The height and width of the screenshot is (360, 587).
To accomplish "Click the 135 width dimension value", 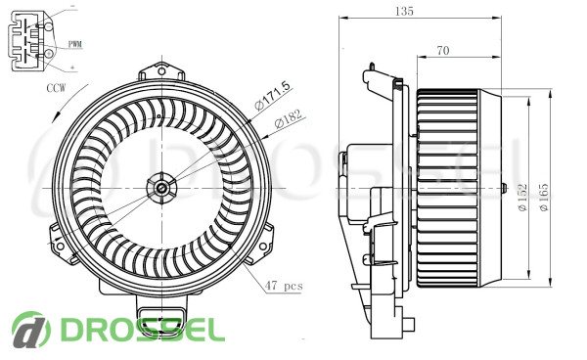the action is click(404, 11).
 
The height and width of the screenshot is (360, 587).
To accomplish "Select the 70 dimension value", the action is click(443, 50).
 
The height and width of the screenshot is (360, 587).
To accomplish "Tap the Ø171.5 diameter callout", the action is click(272, 96).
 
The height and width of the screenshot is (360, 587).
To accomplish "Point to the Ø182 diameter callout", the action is click(288, 118).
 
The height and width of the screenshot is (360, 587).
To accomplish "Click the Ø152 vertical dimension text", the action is click(523, 198).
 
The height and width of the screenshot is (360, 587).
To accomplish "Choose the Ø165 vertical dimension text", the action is click(544, 198).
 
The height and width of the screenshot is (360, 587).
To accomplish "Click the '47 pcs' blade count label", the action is click(284, 286).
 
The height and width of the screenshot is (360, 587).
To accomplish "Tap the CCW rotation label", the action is click(56, 88).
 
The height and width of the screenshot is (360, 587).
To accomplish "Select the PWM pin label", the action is click(75, 44).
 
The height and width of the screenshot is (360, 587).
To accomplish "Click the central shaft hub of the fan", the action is click(161, 188).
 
